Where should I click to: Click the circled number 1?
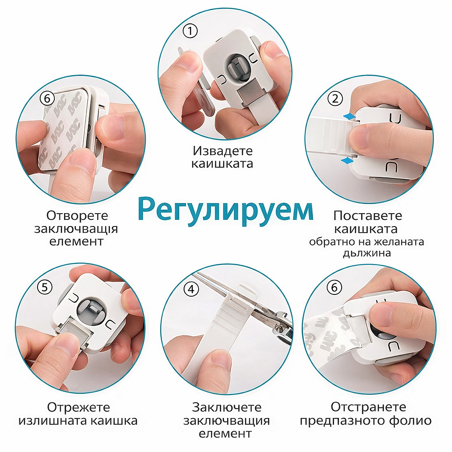[x=190, y=31]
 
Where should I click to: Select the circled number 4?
[x=192, y=289]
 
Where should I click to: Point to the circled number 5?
[x=45, y=287]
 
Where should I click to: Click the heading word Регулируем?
[x=226, y=209]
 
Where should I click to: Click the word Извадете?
[x=222, y=151]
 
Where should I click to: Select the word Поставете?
[x=368, y=215]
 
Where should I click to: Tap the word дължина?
[x=367, y=253]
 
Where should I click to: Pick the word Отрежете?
[x=79, y=407]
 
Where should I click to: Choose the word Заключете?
[x=226, y=407]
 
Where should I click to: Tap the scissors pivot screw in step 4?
[x=279, y=327]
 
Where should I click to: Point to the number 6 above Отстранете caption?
[x=335, y=287]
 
